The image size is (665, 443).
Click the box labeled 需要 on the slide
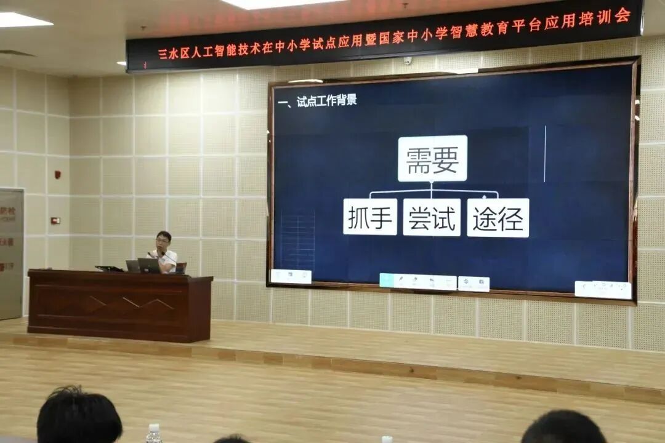point(432,159)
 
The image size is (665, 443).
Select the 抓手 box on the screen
point(369,217)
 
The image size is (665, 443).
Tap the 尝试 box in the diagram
point(432,217)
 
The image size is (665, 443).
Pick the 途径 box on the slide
point(498,218)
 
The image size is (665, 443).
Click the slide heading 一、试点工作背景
point(317,100)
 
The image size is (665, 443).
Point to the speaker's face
point(163,243)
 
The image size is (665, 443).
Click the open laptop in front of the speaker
point(149,265)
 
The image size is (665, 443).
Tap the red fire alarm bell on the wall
point(58,175)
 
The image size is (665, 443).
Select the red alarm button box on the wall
point(55,220)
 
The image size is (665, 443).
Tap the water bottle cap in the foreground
point(154,427)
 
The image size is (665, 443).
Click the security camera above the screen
point(407,60)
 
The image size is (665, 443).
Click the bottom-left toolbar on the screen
point(291,276)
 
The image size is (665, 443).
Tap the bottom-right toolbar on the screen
point(603,289)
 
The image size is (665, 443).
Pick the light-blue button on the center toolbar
point(387,281)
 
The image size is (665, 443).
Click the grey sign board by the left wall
point(11,252)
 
